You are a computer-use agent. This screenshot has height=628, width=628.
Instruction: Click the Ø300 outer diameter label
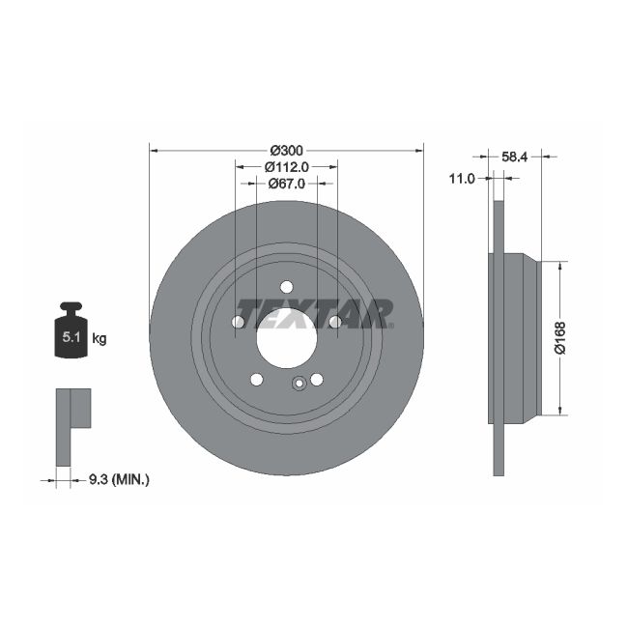pos(286,150)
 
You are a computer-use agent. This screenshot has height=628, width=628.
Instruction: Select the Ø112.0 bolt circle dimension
pos(286,166)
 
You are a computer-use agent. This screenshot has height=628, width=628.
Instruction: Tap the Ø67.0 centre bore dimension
pos(286,183)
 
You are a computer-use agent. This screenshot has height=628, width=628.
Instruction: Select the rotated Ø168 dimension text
pos(559,336)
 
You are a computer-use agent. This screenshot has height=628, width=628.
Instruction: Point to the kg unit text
pos(99,338)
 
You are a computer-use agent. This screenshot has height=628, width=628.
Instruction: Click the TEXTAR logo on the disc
pos(315,313)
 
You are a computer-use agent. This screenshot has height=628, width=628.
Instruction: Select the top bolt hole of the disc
pos(286,286)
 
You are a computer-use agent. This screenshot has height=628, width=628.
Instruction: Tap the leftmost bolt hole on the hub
pos(239,323)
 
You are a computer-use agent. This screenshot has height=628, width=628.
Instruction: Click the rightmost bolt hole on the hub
pos(334,322)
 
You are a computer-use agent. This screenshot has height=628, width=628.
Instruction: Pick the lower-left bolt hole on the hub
pos(257,379)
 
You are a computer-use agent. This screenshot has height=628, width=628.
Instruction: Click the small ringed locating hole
pos(300,383)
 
